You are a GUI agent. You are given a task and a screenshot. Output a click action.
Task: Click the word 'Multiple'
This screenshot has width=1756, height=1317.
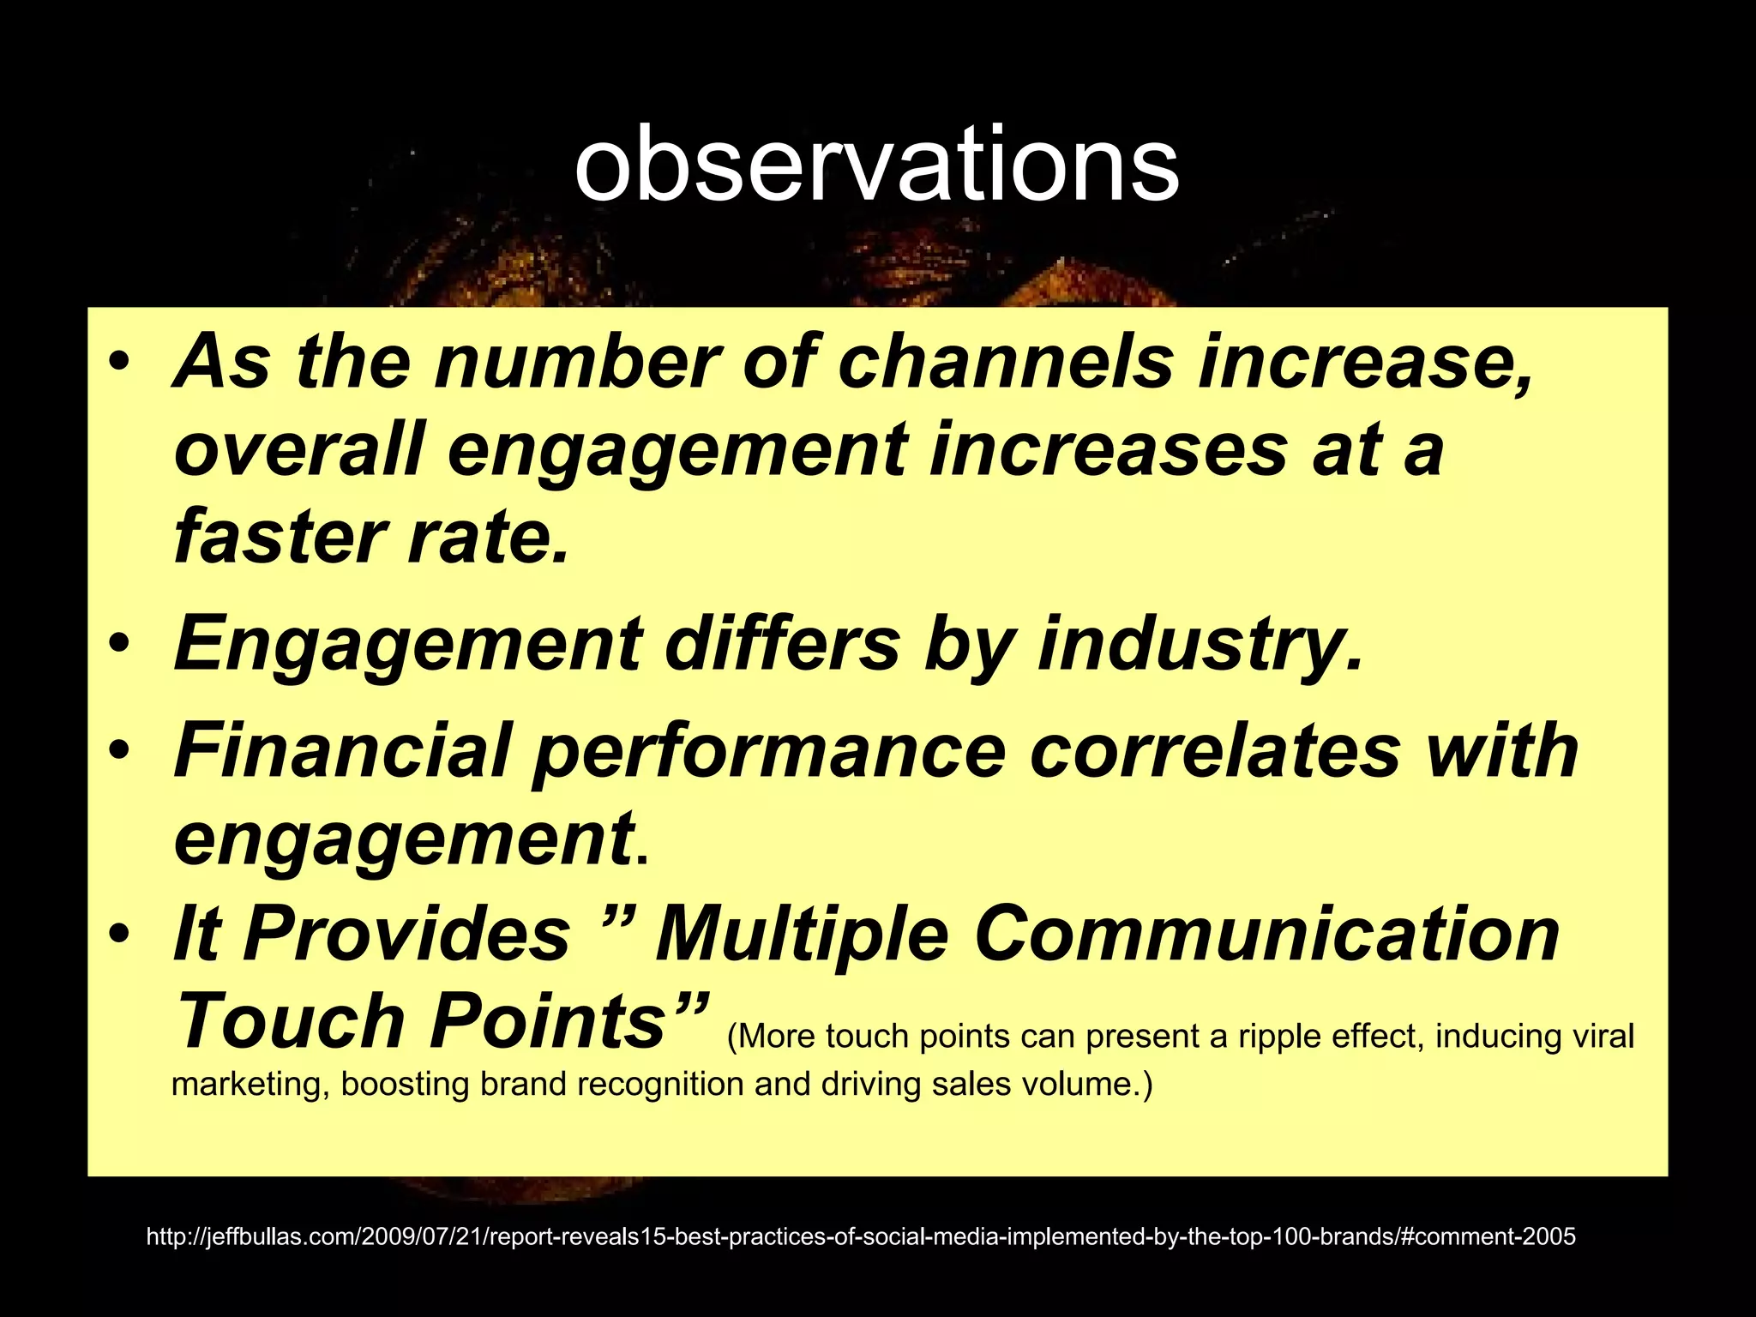tap(802, 934)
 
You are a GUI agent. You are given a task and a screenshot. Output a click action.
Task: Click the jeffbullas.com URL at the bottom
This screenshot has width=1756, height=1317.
tap(861, 1236)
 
